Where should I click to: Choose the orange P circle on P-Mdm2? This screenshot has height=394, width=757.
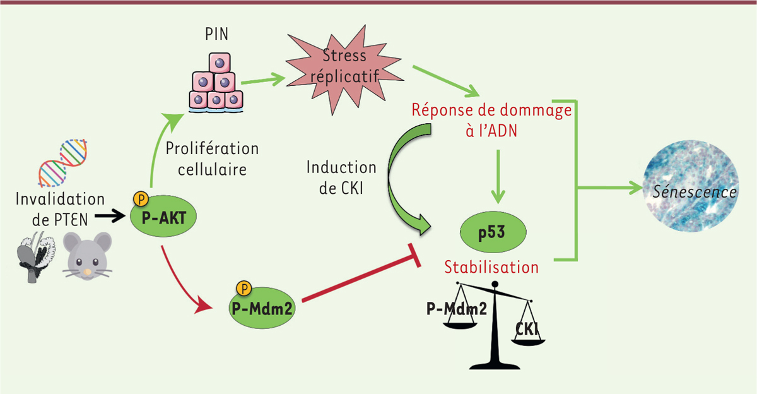[x=244, y=289]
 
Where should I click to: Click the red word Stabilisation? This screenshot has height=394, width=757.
[x=491, y=267]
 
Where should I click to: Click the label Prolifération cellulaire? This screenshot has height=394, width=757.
[x=212, y=159]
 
